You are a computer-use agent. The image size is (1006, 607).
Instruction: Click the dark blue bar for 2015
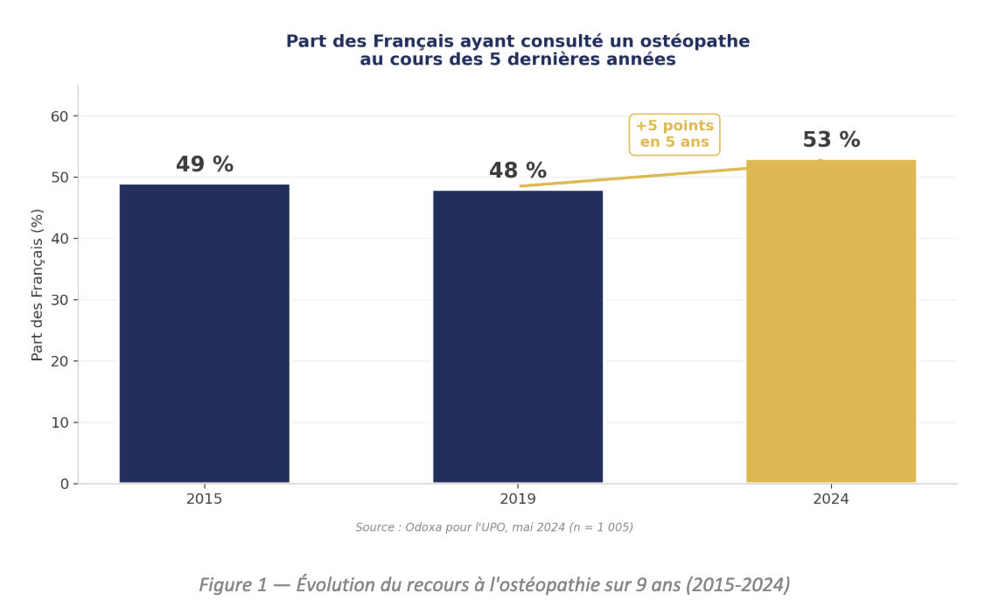[x=204, y=332]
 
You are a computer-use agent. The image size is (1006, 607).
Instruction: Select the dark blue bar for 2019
[x=517, y=336]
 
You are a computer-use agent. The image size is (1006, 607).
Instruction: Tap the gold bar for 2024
[x=830, y=321]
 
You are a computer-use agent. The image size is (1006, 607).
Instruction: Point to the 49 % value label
[x=205, y=165]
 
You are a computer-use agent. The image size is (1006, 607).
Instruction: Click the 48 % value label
[x=517, y=171]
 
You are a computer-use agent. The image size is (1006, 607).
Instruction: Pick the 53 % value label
[x=831, y=141]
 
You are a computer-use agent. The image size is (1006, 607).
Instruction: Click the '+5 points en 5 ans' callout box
[x=674, y=135]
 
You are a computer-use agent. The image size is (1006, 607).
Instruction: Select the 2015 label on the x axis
[x=204, y=499]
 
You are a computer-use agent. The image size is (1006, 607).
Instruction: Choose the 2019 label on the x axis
[x=517, y=499]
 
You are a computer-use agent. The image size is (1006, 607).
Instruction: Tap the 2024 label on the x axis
[x=830, y=499]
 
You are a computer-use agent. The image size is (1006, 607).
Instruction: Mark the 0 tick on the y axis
[x=65, y=484]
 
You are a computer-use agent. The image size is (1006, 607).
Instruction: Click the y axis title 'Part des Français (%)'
[x=38, y=284]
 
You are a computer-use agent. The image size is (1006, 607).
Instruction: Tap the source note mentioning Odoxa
[x=494, y=527]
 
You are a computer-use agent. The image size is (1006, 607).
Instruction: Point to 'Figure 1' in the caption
[x=233, y=585]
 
